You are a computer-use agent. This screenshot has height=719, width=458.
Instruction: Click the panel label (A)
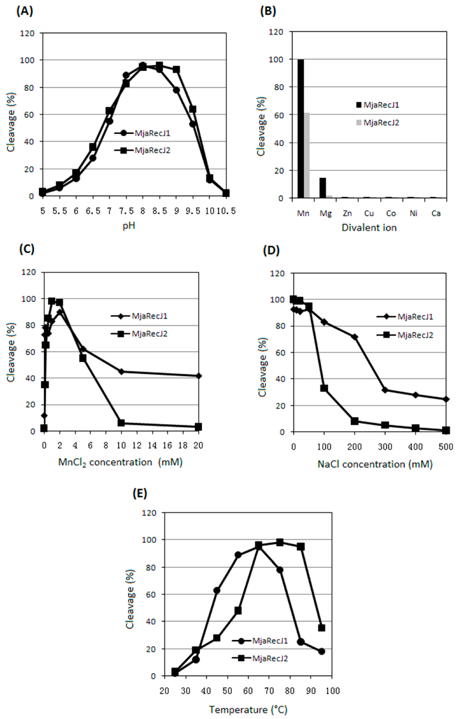pyautogui.click(x=25, y=11)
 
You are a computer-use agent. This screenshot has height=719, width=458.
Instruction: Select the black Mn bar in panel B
pyautogui.click(x=301, y=128)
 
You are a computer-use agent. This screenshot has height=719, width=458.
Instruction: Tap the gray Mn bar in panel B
pyautogui.click(x=307, y=155)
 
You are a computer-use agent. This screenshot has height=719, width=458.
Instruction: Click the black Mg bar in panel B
pyautogui.click(x=323, y=188)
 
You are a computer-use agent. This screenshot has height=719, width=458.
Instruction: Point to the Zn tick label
pyautogui.click(x=347, y=213)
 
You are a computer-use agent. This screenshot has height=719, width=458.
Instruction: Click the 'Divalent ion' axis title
pyautogui.click(x=369, y=228)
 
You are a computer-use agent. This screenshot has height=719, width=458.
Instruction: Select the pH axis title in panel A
pyautogui.click(x=129, y=226)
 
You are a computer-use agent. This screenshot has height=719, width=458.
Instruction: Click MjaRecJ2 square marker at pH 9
pyautogui.click(x=176, y=70)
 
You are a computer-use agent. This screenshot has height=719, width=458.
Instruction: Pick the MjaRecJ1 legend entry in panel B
pyautogui.click(x=377, y=105)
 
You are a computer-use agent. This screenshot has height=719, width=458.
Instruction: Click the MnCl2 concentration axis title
pyautogui.click(x=120, y=462)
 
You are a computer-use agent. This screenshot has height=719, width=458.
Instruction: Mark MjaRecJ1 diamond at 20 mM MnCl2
pyautogui.click(x=199, y=376)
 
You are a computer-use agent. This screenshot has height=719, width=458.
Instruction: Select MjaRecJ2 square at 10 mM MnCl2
pyautogui.click(x=121, y=423)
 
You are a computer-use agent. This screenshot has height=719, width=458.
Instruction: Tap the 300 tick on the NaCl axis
pyautogui.click(x=385, y=447)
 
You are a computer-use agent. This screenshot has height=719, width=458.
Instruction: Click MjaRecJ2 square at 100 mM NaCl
pyautogui.click(x=324, y=388)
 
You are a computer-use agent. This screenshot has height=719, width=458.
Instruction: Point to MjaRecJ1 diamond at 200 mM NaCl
pyautogui.click(x=355, y=337)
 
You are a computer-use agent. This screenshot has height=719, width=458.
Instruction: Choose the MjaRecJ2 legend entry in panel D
pyautogui.click(x=405, y=335)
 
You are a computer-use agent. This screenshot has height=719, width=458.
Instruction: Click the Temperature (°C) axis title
pyautogui.click(x=248, y=709)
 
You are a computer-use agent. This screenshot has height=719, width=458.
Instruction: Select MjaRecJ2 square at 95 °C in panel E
pyautogui.click(x=321, y=628)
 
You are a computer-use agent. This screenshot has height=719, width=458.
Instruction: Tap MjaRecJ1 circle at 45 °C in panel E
pyautogui.click(x=217, y=590)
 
